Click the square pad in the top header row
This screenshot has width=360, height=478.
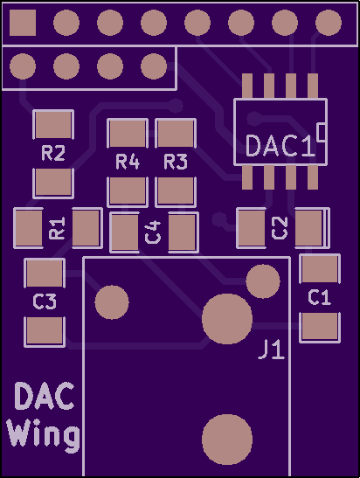coord(23,23)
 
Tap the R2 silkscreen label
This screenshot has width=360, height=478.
coord(53,153)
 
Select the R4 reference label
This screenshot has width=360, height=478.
coord(128,162)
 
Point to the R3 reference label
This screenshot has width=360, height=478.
coord(176,162)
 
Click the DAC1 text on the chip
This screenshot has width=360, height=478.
coord(280,146)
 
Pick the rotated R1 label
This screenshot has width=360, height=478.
coord(57,228)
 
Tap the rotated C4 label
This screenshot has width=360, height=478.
coord(153,232)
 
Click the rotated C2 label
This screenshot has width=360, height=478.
coord(280,228)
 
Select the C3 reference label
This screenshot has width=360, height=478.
coord(45,301)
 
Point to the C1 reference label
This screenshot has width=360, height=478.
coord(320,297)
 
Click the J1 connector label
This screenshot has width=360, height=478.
coord(272,350)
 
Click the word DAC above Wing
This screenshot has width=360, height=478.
coord(45,396)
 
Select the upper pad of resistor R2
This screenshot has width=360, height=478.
coord(53,124)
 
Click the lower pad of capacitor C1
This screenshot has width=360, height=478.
coord(320,327)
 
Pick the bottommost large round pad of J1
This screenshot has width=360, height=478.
coord(227,440)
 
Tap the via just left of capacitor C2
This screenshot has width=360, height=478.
coord(219,218)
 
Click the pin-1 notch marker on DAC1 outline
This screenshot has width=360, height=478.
coord(322,132)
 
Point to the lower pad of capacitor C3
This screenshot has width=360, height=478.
coord(45,331)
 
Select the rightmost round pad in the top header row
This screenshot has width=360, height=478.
coord(329,23)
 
